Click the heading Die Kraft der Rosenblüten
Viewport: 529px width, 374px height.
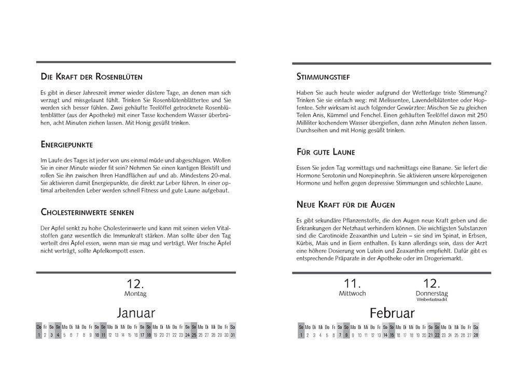[x=91, y=77]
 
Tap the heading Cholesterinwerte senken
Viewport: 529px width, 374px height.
[x=87, y=212]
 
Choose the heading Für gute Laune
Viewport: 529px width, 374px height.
[x=325, y=152]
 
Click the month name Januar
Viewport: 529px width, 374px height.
[x=136, y=313]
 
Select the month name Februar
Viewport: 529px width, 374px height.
[x=392, y=313]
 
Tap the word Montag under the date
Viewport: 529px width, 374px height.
[x=135, y=294]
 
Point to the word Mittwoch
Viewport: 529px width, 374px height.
[x=352, y=294]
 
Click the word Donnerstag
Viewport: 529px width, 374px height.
[x=431, y=294]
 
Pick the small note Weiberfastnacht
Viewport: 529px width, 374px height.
[x=431, y=300]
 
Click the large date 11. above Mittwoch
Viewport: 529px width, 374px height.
[x=352, y=283]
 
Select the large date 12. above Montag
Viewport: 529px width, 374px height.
[x=135, y=284]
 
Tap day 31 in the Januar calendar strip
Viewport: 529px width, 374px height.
[x=233, y=335]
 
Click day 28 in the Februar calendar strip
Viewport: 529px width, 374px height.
[x=476, y=335]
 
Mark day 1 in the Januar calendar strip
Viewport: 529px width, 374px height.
[x=39, y=335]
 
